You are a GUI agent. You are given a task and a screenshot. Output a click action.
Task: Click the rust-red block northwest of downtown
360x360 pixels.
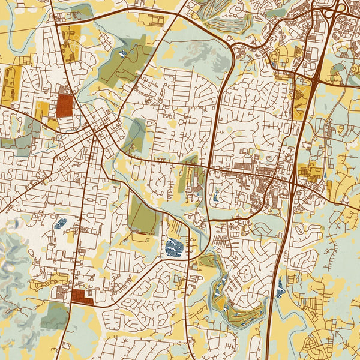pyautogui.click(x=64, y=105)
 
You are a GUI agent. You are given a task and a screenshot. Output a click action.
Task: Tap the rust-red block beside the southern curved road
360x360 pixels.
pyautogui.click(x=82, y=296)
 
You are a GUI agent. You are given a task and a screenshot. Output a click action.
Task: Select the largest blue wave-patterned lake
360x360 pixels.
pyautogui.click(x=175, y=246)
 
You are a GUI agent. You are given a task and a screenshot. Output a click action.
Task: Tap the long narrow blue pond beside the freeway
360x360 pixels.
pyautogui.click(x=281, y=287)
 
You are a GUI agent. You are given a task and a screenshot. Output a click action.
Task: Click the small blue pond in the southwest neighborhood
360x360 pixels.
pyautogui.click(x=60, y=224)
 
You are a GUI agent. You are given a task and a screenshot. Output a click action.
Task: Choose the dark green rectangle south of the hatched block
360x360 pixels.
pyautogui.click(x=55, y=316)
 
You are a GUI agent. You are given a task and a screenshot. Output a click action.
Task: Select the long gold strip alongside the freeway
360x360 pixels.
pyautogui.click(x=301, y=101)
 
